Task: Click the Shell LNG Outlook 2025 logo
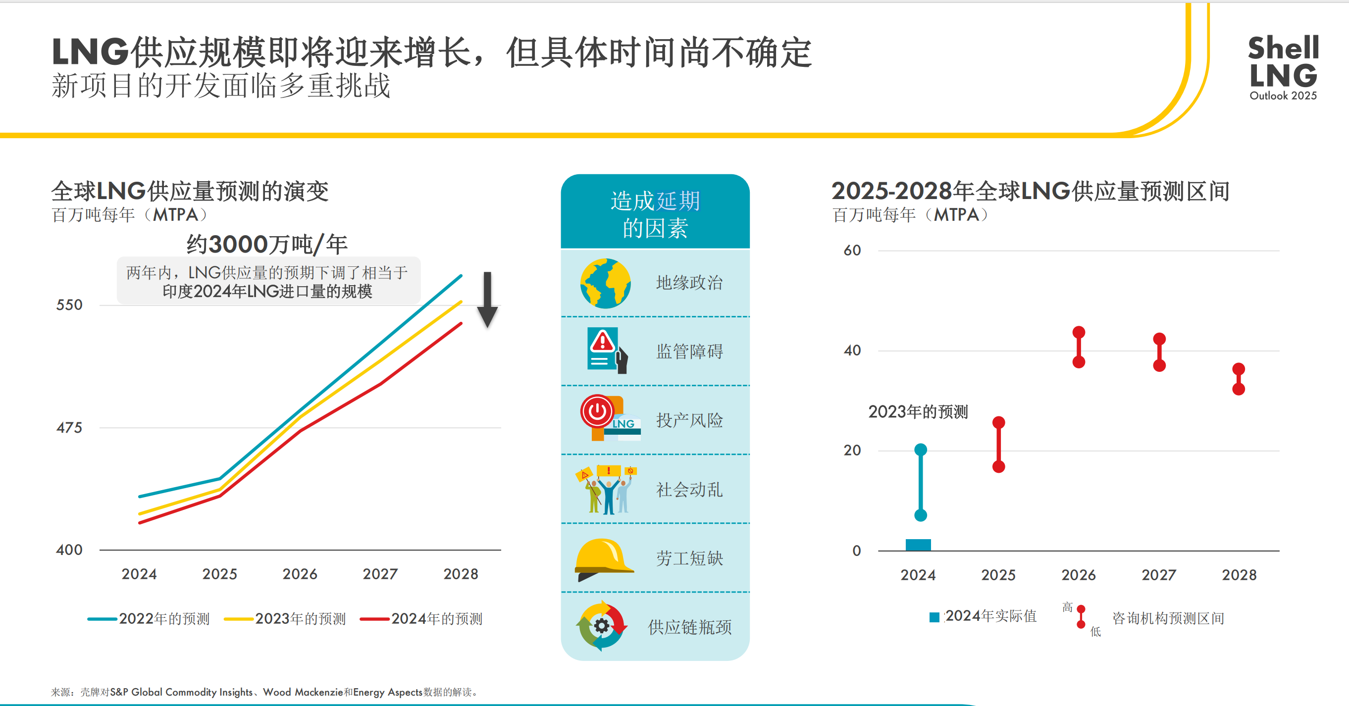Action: (1283, 67)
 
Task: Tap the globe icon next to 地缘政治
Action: (605, 283)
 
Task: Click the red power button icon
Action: (597, 411)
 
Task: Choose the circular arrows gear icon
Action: (602, 626)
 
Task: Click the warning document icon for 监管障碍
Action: (604, 350)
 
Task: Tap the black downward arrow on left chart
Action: (487, 300)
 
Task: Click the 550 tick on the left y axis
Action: (69, 304)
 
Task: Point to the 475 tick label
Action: (69, 428)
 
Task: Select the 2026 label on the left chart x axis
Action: (300, 574)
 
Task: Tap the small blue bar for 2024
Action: (918, 545)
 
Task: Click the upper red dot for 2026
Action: (1079, 332)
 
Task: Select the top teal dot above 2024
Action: (921, 450)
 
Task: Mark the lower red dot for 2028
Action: (1239, 389)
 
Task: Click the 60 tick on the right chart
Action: (852, 250)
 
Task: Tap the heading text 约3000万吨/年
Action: (267, 245)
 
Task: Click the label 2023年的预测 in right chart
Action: (918, 412)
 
